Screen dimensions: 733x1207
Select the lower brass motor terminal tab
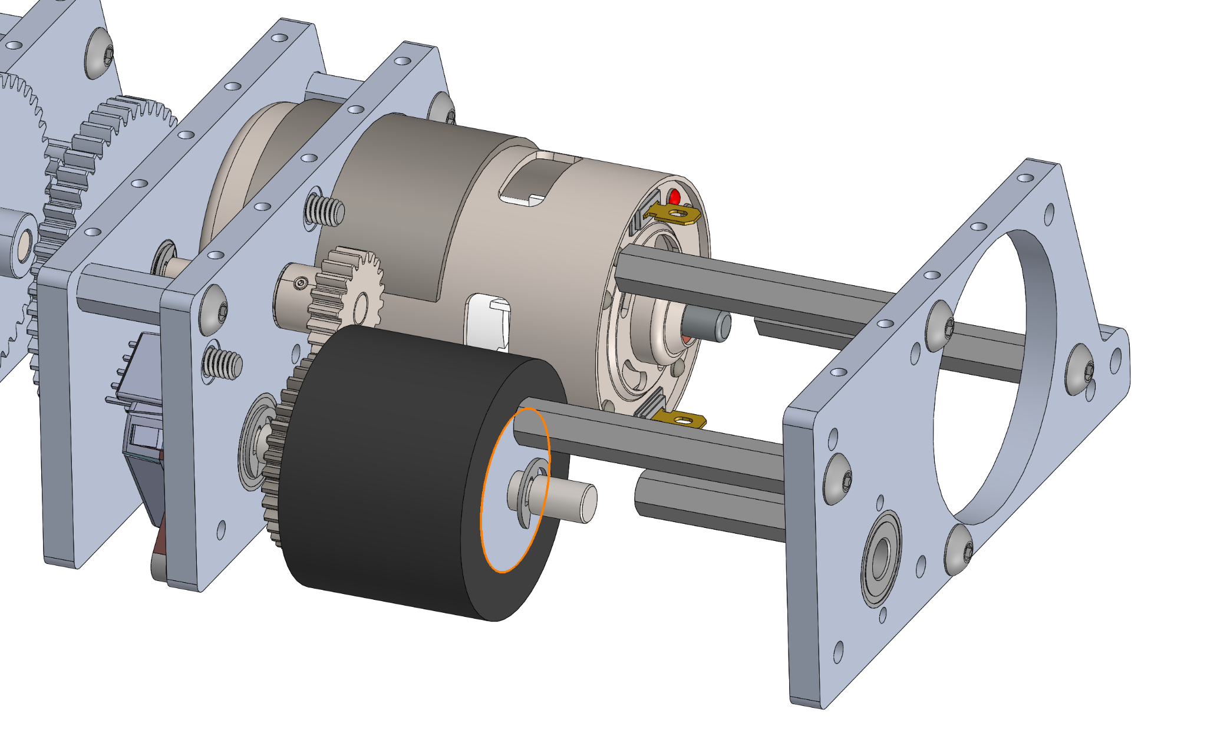684,420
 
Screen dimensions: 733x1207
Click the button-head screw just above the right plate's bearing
838,478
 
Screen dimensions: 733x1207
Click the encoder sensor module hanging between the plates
141,424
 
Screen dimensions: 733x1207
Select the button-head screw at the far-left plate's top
101,54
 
